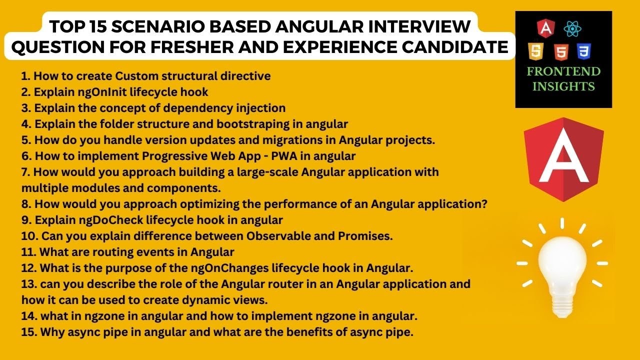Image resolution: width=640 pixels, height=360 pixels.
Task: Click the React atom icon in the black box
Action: coord(571,28)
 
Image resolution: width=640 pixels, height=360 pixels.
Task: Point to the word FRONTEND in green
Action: coord(563,71)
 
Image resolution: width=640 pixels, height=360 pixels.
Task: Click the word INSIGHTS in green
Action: coord(563,86)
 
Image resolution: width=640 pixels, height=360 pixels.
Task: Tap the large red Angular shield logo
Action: coord(563,159)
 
